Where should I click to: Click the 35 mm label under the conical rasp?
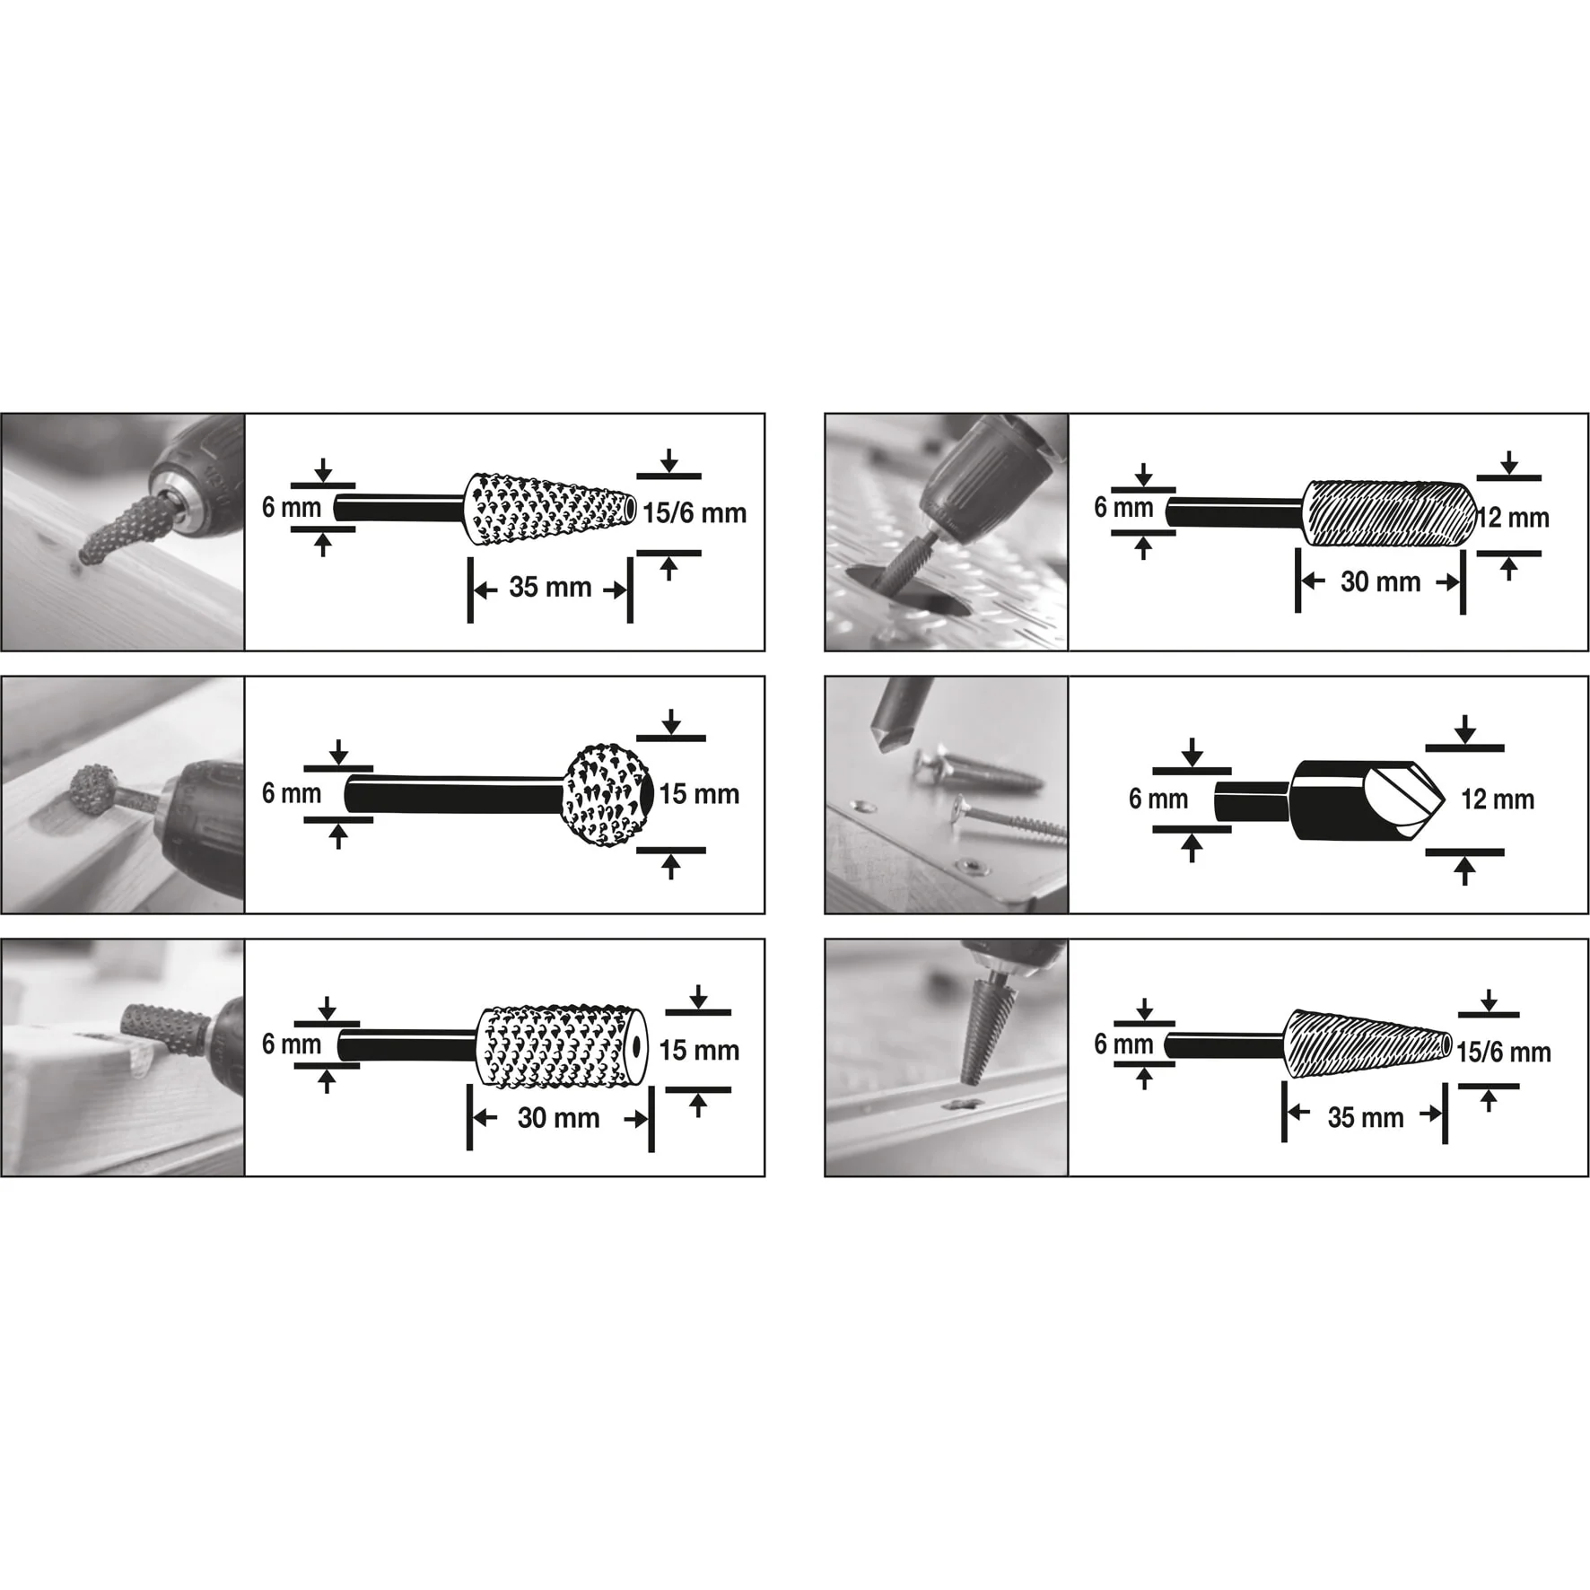(550, 588)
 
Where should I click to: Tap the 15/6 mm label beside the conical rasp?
(695, 513)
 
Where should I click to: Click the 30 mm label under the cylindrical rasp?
(558, 1118)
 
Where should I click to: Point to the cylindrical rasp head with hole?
(562, 1047)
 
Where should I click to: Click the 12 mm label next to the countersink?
(1498, 799)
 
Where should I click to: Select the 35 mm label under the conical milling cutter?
(1366, 1118)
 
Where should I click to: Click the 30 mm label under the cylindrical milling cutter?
(1380, 582)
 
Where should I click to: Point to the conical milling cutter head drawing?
(1368, 1044)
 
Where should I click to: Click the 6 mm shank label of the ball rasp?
(292, 793)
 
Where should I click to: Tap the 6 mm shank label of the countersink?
(1158, 799)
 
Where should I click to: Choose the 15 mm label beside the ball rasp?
(699, 794)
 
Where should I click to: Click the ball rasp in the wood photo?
(94, 790)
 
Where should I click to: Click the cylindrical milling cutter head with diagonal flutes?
(1389, 514)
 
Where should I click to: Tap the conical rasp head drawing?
(550, 510)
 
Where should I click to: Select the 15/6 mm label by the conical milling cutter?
(1504, 1053)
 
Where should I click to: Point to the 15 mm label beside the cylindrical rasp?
(699, 1051)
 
